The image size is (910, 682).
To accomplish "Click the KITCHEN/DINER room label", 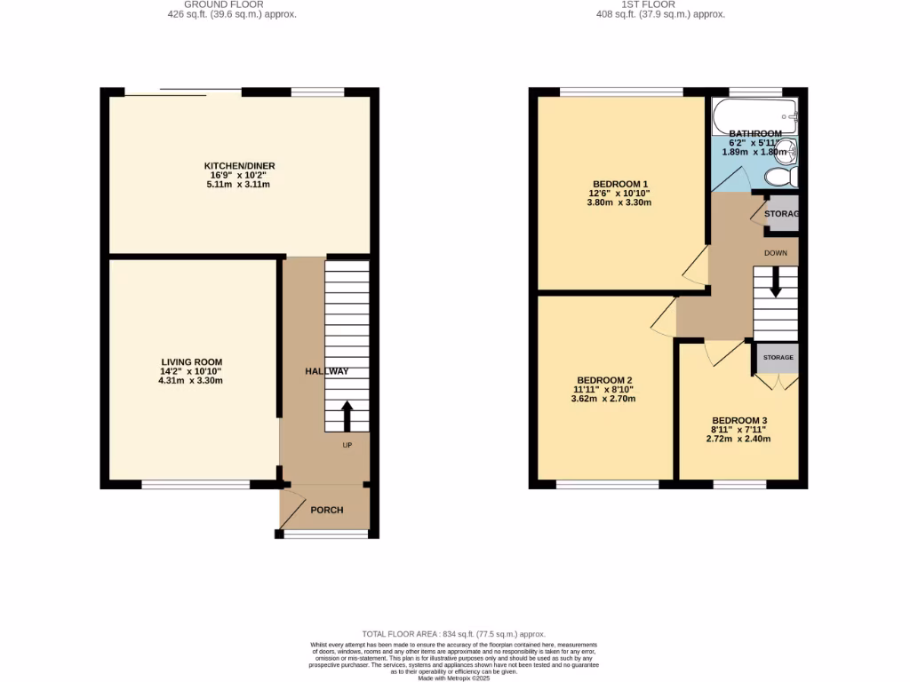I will click(236, 166).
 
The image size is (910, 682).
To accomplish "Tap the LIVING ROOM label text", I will click(191, 362).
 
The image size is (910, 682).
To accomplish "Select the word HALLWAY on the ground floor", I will click(326, 371).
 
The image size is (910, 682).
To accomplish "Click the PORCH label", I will click(326, 510).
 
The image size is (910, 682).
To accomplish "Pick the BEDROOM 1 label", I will click(619, 184).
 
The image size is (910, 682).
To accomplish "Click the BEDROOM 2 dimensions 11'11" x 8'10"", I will click(604, 388).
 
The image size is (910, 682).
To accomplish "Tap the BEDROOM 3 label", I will click(738, 421).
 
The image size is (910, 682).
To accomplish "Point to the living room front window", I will click(196, 484).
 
